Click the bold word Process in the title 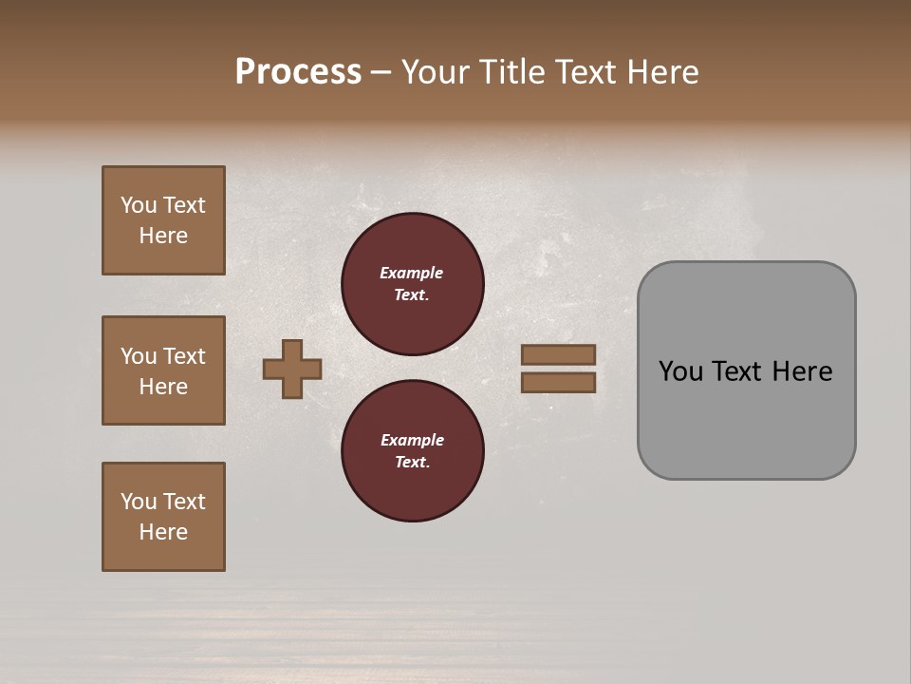coord(298,72)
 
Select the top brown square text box coord(163,220)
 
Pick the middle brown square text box coord(163,370)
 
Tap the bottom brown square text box coord(163,517)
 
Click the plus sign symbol coord(292,369)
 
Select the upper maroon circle coord(413,284)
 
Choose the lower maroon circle coord(413,451)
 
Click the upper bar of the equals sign coord(558,354)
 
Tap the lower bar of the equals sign coord(558,382)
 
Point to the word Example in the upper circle coord(411,273)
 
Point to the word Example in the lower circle coord(412,440)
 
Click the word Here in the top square coord(163,236)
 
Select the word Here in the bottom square coord(163,532)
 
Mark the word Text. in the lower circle coord(412,462)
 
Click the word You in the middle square coord(138,356)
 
